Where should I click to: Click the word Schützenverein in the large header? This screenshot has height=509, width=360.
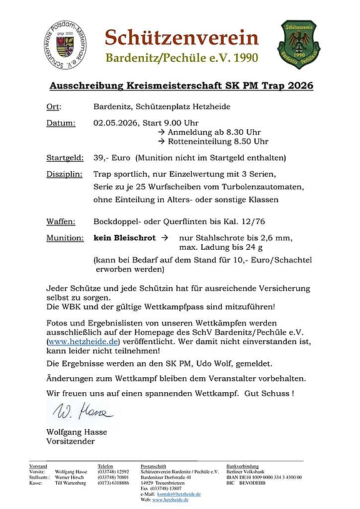click(181, 37)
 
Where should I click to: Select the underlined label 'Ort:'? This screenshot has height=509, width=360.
click(54, 107)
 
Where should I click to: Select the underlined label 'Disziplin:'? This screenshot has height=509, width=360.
click(64, 173)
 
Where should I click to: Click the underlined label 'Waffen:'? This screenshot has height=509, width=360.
click(61, 221)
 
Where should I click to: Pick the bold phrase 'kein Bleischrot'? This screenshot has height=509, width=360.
click(124, 237)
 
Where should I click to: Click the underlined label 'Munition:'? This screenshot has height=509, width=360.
click(65, 237)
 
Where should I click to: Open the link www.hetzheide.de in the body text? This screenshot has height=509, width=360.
click(82, 343)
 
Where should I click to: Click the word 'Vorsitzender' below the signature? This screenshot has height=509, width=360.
click(70, 442)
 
